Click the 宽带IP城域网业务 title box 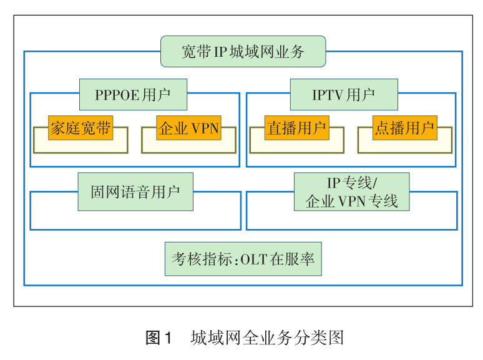243,52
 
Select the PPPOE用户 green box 133,95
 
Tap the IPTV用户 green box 343,95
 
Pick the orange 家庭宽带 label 80,128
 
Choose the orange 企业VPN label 188,128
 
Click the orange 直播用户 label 296,128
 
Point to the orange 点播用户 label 404,128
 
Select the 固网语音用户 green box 135,192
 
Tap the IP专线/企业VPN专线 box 351,192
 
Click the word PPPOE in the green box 118,95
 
